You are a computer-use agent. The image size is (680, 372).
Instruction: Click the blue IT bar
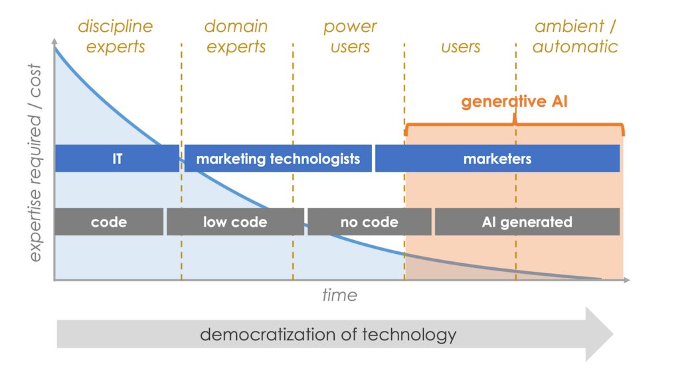pyautogui.click(x=117, y=158)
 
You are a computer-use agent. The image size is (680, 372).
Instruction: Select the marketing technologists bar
pyautogui.click(x=278, y=158)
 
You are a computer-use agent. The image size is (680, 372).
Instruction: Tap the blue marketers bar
pyautogui.click(x=497, y=158)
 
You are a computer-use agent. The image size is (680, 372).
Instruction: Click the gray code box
pyautogui.click(x=109, y=221)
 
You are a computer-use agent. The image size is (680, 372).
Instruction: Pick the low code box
pyautogui.click(x=235, y=221)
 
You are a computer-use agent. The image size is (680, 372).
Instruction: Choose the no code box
pyautogui.click(x=369, y=221)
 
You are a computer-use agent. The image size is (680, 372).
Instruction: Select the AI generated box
pyautogui.click(x=527, y=221)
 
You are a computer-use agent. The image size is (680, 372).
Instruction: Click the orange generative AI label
pyautogui.click(x=515, y=101)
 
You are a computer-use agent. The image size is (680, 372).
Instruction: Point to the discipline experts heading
pyautogui.click(x=115, y=36)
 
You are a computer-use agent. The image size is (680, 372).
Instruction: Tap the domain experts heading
pyautogui.click(x=236, y=36)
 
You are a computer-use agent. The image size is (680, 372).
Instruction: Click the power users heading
pyautogui.click(x=350, y=36)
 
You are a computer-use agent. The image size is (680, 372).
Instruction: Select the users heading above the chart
pyautogui.click(x=460, y=47)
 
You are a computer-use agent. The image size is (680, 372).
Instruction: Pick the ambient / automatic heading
pyautogui.click(x=575, y=36)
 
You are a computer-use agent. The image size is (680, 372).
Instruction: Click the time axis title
pyautogui.click(x=339, y=295)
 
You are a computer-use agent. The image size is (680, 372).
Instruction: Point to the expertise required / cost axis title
pyautogui.click(x=35, y=162)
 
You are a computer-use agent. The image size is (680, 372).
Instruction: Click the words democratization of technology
pyautogui.click(x=328, y=334)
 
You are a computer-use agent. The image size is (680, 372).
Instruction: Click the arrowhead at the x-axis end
pyautogui.click(x=626, y=280)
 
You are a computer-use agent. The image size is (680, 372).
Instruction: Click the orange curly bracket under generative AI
pyautogui.click(x=515, y=125)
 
